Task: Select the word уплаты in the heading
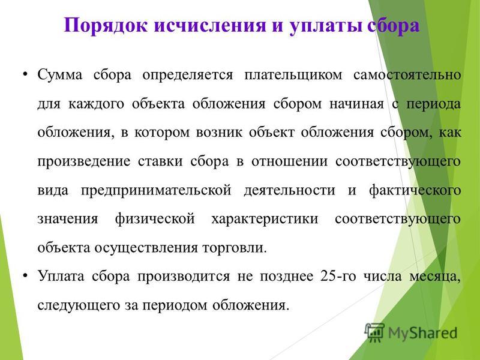point(325,26)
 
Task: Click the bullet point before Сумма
point(25,74)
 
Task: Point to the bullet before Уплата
point(25,276)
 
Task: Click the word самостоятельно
point(407,74)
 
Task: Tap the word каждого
point(96,104)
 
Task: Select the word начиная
point(356,104)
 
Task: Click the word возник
point(219,133)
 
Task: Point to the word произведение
point(84,162)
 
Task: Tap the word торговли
point(235,248)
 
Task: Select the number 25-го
point(338,276)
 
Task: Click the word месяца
point(435,277)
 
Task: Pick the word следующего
point(79,305)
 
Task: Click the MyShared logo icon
point(374,332)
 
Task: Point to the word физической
point(155,219)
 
